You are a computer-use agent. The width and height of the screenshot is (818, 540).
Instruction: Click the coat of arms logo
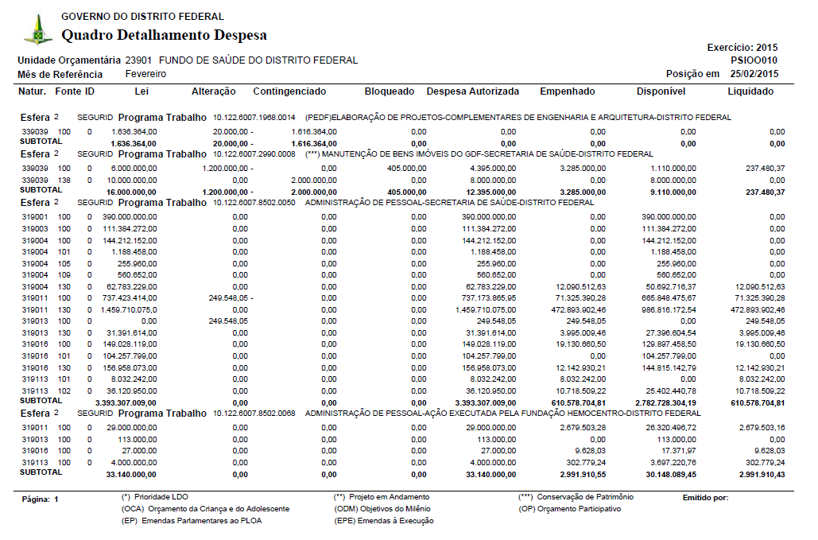pos(37,30)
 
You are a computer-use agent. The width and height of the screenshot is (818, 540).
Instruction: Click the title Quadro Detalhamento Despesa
pos(164,35)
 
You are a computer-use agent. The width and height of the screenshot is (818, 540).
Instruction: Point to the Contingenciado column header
pos(289,91)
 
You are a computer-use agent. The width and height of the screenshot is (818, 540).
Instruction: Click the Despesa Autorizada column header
pos(473,91)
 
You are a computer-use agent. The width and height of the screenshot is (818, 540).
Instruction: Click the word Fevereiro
pos(145,74)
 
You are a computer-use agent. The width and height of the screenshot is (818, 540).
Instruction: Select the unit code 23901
pos(139,60)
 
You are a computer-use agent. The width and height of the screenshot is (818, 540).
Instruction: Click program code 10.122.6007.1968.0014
pos(254,118)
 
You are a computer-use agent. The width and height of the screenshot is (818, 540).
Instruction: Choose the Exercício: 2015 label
pos(742,48)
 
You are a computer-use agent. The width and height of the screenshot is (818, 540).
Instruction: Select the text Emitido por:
pos(705,498)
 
